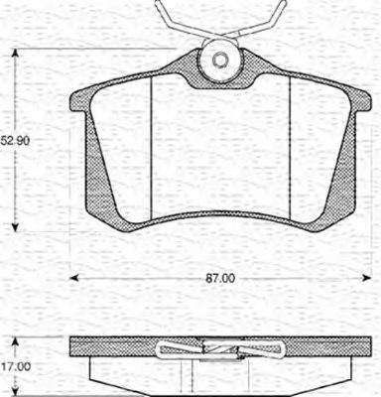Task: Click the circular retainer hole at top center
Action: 217,62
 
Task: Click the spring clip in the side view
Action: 218,349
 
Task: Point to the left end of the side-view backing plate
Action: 75,348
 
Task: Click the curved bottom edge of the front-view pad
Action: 218,218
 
